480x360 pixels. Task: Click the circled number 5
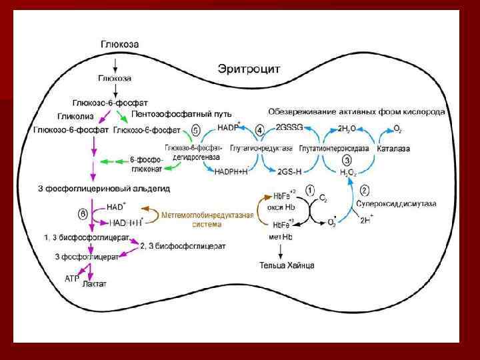point(196,129)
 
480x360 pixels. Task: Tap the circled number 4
point(260,129)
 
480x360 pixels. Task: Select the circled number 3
point(346,161)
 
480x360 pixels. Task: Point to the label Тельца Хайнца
point(287,265)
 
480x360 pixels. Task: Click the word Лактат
point(94,284)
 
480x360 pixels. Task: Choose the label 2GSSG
point(287,127)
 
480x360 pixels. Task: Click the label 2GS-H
point(289,171)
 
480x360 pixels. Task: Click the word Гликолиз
point(74,115)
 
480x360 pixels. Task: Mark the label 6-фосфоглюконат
point(146,163)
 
